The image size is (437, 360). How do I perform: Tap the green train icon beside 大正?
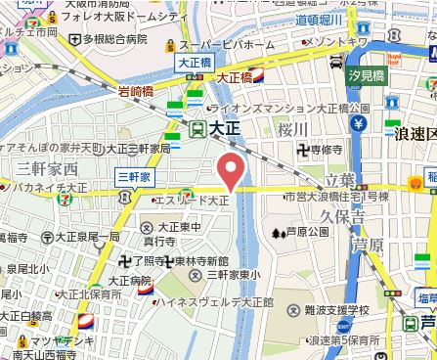(197, 127)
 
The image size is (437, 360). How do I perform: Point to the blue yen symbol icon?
(359, 124)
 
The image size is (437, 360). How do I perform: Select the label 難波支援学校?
(329, 309)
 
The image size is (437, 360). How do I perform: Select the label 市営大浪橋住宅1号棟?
(335, 197)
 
